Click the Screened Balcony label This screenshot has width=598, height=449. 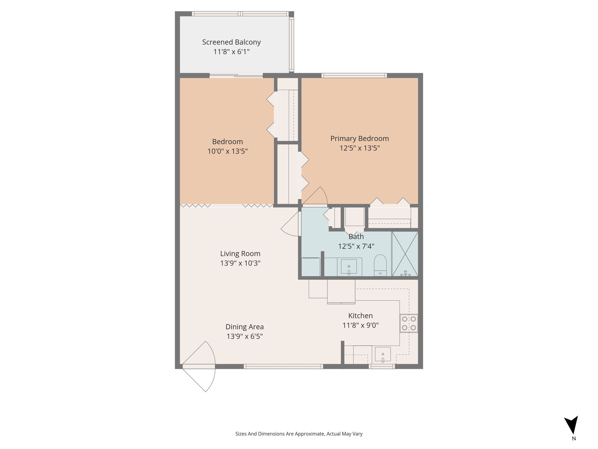coord(231,42)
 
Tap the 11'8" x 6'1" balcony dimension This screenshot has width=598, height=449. coord(231,52)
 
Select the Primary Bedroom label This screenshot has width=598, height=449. coord(359,139)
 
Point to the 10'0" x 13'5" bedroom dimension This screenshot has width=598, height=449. coord(227,151)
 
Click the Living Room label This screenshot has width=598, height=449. coord(240,254)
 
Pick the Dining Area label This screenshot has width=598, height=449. coord(244,327)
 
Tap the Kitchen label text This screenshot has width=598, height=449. coord(360,316)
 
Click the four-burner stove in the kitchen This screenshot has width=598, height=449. coord(409,323)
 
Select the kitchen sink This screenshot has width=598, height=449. coord(383,355)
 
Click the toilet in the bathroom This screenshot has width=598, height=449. coord(380,265)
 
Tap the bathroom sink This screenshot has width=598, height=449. coord(349,267)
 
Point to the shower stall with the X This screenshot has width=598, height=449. coord(405,254)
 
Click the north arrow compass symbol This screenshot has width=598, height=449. coord(571,429)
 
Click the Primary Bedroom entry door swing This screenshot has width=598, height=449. coord(315,196)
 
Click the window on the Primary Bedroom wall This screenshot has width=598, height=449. coord(354,75)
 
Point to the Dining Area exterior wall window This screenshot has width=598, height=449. coord(283,366)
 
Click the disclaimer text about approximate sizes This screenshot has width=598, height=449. coord(299,434)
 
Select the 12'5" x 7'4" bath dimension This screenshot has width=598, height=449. coord(356,246)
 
